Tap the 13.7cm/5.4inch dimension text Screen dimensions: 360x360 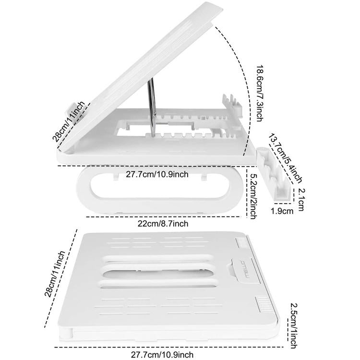[x=287, y=158]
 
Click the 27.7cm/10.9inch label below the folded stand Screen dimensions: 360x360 [x=163, y=355]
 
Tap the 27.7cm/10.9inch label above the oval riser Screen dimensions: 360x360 [x=157, y=174]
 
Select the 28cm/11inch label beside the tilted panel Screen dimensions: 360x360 [x=70, y=121]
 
